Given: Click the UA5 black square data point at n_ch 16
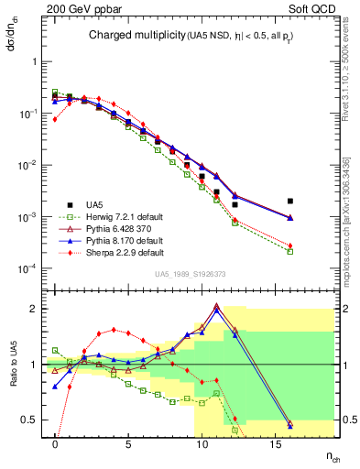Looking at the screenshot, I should pos(289,201).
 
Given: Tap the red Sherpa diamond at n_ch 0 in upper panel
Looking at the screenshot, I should pos(55,119).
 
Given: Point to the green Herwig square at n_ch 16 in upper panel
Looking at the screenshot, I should pos(289,251).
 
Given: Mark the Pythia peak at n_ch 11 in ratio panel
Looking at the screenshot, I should pos(216,306).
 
